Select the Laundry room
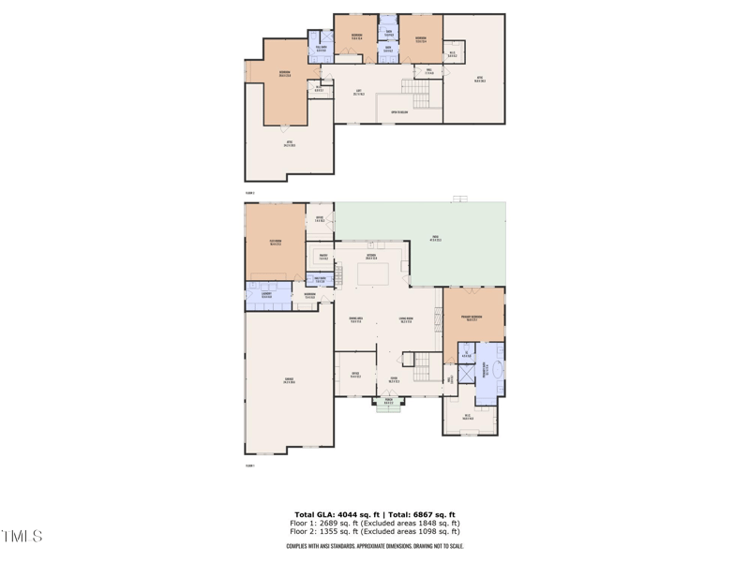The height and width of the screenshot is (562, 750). [x=267, y=296]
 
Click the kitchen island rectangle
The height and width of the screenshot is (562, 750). [x=373, y=274]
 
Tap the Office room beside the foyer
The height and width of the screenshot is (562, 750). [x=355, y=375]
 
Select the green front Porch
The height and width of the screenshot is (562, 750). [x=388, y=403]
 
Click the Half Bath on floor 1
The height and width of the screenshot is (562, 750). [x=320, y=279]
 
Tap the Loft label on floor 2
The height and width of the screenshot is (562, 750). [x=359, y=92]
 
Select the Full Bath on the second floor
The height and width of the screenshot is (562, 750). [x=321, y=49]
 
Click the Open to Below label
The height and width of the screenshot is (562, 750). [x=400, y=111]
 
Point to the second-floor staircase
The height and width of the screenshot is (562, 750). [x=420, y=93]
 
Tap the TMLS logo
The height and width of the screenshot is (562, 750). [x=22, y=537]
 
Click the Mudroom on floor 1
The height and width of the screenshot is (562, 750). [x=310, y=296]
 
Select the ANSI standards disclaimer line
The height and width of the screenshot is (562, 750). [x=375, y=546]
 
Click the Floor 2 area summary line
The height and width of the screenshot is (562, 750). [x=375, y=531]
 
